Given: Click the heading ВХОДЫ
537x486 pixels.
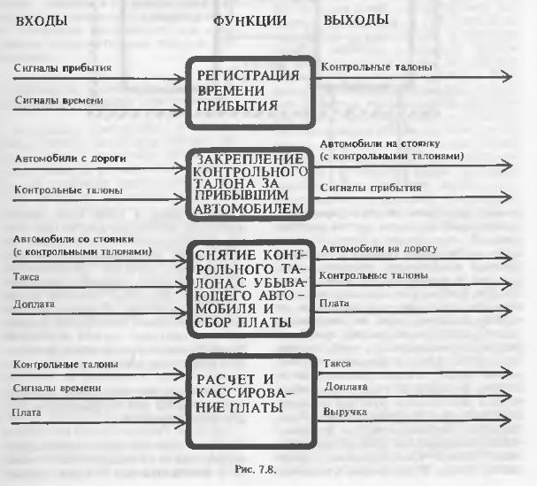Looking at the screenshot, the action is [41, 21].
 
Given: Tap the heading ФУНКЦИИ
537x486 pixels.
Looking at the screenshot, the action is [249, 21].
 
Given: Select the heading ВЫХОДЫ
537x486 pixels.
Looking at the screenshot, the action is [356, 19].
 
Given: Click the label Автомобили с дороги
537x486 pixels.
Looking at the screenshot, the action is [70, 158].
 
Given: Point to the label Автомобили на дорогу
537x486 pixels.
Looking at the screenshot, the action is [380, 249].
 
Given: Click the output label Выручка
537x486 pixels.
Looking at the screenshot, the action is [345, 412].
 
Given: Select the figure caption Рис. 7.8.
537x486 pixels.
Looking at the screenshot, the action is [255, 469].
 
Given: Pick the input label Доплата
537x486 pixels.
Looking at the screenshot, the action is [34, 304].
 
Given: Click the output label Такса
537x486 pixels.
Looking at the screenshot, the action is [337, 364].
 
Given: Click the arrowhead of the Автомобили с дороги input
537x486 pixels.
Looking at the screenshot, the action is [180, 168].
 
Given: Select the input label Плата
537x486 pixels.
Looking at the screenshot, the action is [27, 413].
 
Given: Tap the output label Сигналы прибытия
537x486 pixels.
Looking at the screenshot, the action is [371, 188].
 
